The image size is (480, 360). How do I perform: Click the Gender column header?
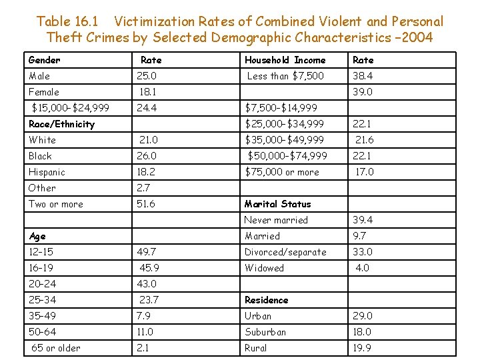pyautogui.click(x=44, y=60)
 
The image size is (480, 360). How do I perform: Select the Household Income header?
pyautogui.click(x=285, y=60)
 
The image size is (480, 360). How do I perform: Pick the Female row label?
pyautogui.click(x=44, y=92)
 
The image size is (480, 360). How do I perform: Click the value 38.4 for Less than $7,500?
pyautogui.click(x=363, y=76)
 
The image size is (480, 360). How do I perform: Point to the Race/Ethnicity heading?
pyautogui.click(x=61, y=124)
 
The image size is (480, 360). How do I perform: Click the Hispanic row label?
pyautogui.click(x=47, y=172)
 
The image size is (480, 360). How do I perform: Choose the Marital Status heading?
pyautogui.click(x=277, y=204)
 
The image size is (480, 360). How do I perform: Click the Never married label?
pyautogui.click(x=276, y=220)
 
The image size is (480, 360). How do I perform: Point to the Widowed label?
pyautogui.click(x=264, y=268)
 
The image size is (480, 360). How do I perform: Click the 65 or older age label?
pyautogui.click(x=56, y=348)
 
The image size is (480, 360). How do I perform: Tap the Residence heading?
pyautogui.click(x=266, y=300)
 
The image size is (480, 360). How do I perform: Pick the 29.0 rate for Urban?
pyautogui.click(x=363, y=316)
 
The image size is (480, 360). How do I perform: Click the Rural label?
pyautogui.click(x=255, y=348)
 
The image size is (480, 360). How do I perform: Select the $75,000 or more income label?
pyautogui.click(x=282, y=172)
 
